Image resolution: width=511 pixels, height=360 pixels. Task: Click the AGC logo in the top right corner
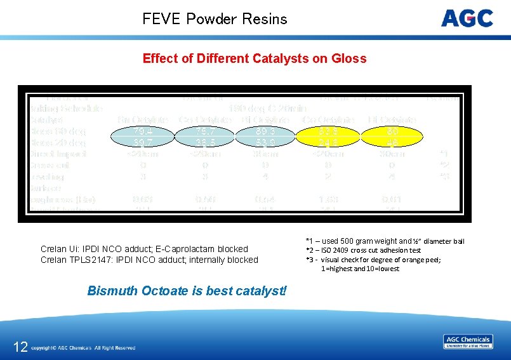pos(467,18)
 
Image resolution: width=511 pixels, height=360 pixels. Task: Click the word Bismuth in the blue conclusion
pos(112,291)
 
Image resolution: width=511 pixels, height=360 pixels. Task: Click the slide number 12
pos(20,347)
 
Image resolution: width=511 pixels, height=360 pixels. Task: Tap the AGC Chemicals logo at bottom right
pos(468,342)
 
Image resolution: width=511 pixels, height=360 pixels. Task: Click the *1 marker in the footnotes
pos(309,241)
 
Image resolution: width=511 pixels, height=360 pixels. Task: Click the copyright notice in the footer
pos(83,348)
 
